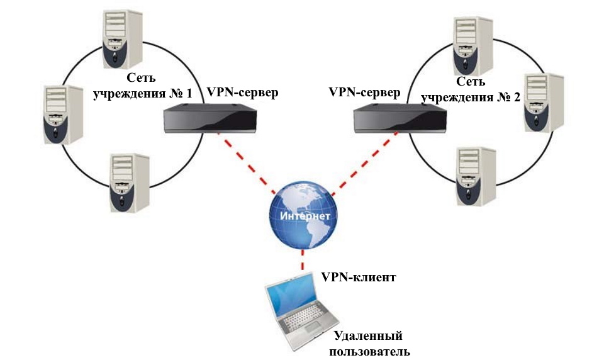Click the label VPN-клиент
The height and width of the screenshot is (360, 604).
tap(358, 276)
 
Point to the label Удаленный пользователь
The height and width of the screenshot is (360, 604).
tap(367, 343)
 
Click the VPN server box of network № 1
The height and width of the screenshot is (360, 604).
tap(211, 118)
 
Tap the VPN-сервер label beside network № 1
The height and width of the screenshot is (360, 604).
tap(242, 92)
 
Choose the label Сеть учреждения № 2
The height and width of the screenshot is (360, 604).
tap(471, 89)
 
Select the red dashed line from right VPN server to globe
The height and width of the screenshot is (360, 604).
tap(359, 163)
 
